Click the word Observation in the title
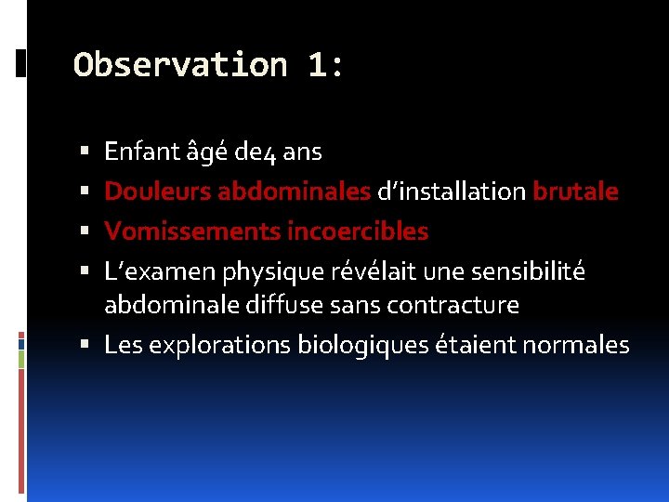coord(179,65)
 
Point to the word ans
coord(302,151)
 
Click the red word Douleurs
coord(157,192)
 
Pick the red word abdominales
coord(294,192)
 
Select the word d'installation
coord(452,192)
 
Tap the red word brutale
coord(575,192)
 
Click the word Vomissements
coord(191,231)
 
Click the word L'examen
coord(147,272)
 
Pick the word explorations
coord(219,346)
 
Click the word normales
coord(576,346)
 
